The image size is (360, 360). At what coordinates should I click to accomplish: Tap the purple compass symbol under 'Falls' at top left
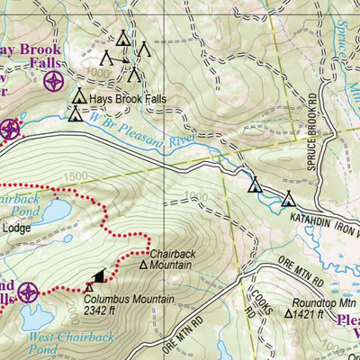pos(54,82)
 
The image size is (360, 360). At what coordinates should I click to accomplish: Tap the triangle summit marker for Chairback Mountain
pos(143,265)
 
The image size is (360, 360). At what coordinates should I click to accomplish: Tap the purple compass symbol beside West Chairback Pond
pos(27,292)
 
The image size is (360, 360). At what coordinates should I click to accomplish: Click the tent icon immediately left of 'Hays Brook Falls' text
pos(79,95)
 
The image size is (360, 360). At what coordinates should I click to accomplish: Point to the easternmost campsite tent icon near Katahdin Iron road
pos(288,199)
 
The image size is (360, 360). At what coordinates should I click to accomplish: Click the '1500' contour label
pos(76,176)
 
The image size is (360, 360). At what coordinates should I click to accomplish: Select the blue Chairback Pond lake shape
pos(49,212)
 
